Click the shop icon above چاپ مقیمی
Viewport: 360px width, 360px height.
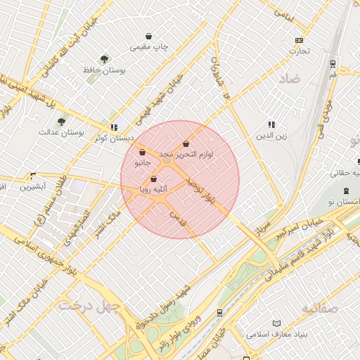pyautogui.click(x=149, y=36)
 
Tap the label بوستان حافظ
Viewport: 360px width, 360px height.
pyautogui.click(x=104, y=71)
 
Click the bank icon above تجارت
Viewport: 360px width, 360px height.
pyautogui.click(x=300, y=40)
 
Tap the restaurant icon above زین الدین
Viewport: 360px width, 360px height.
pyautogui.click(x=271, y=124)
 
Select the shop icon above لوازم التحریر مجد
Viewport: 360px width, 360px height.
pyautogui.click(x=186, y=143)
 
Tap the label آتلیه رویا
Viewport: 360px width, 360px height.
pyautogui.click(x=153, y=189)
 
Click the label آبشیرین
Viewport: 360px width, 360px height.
pyautogui.click(x=33, y=186)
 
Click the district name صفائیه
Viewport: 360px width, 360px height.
pyautogui.click(x=320, y=308)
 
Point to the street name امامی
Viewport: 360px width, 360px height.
pyautogui.click(x=283, y=13)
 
